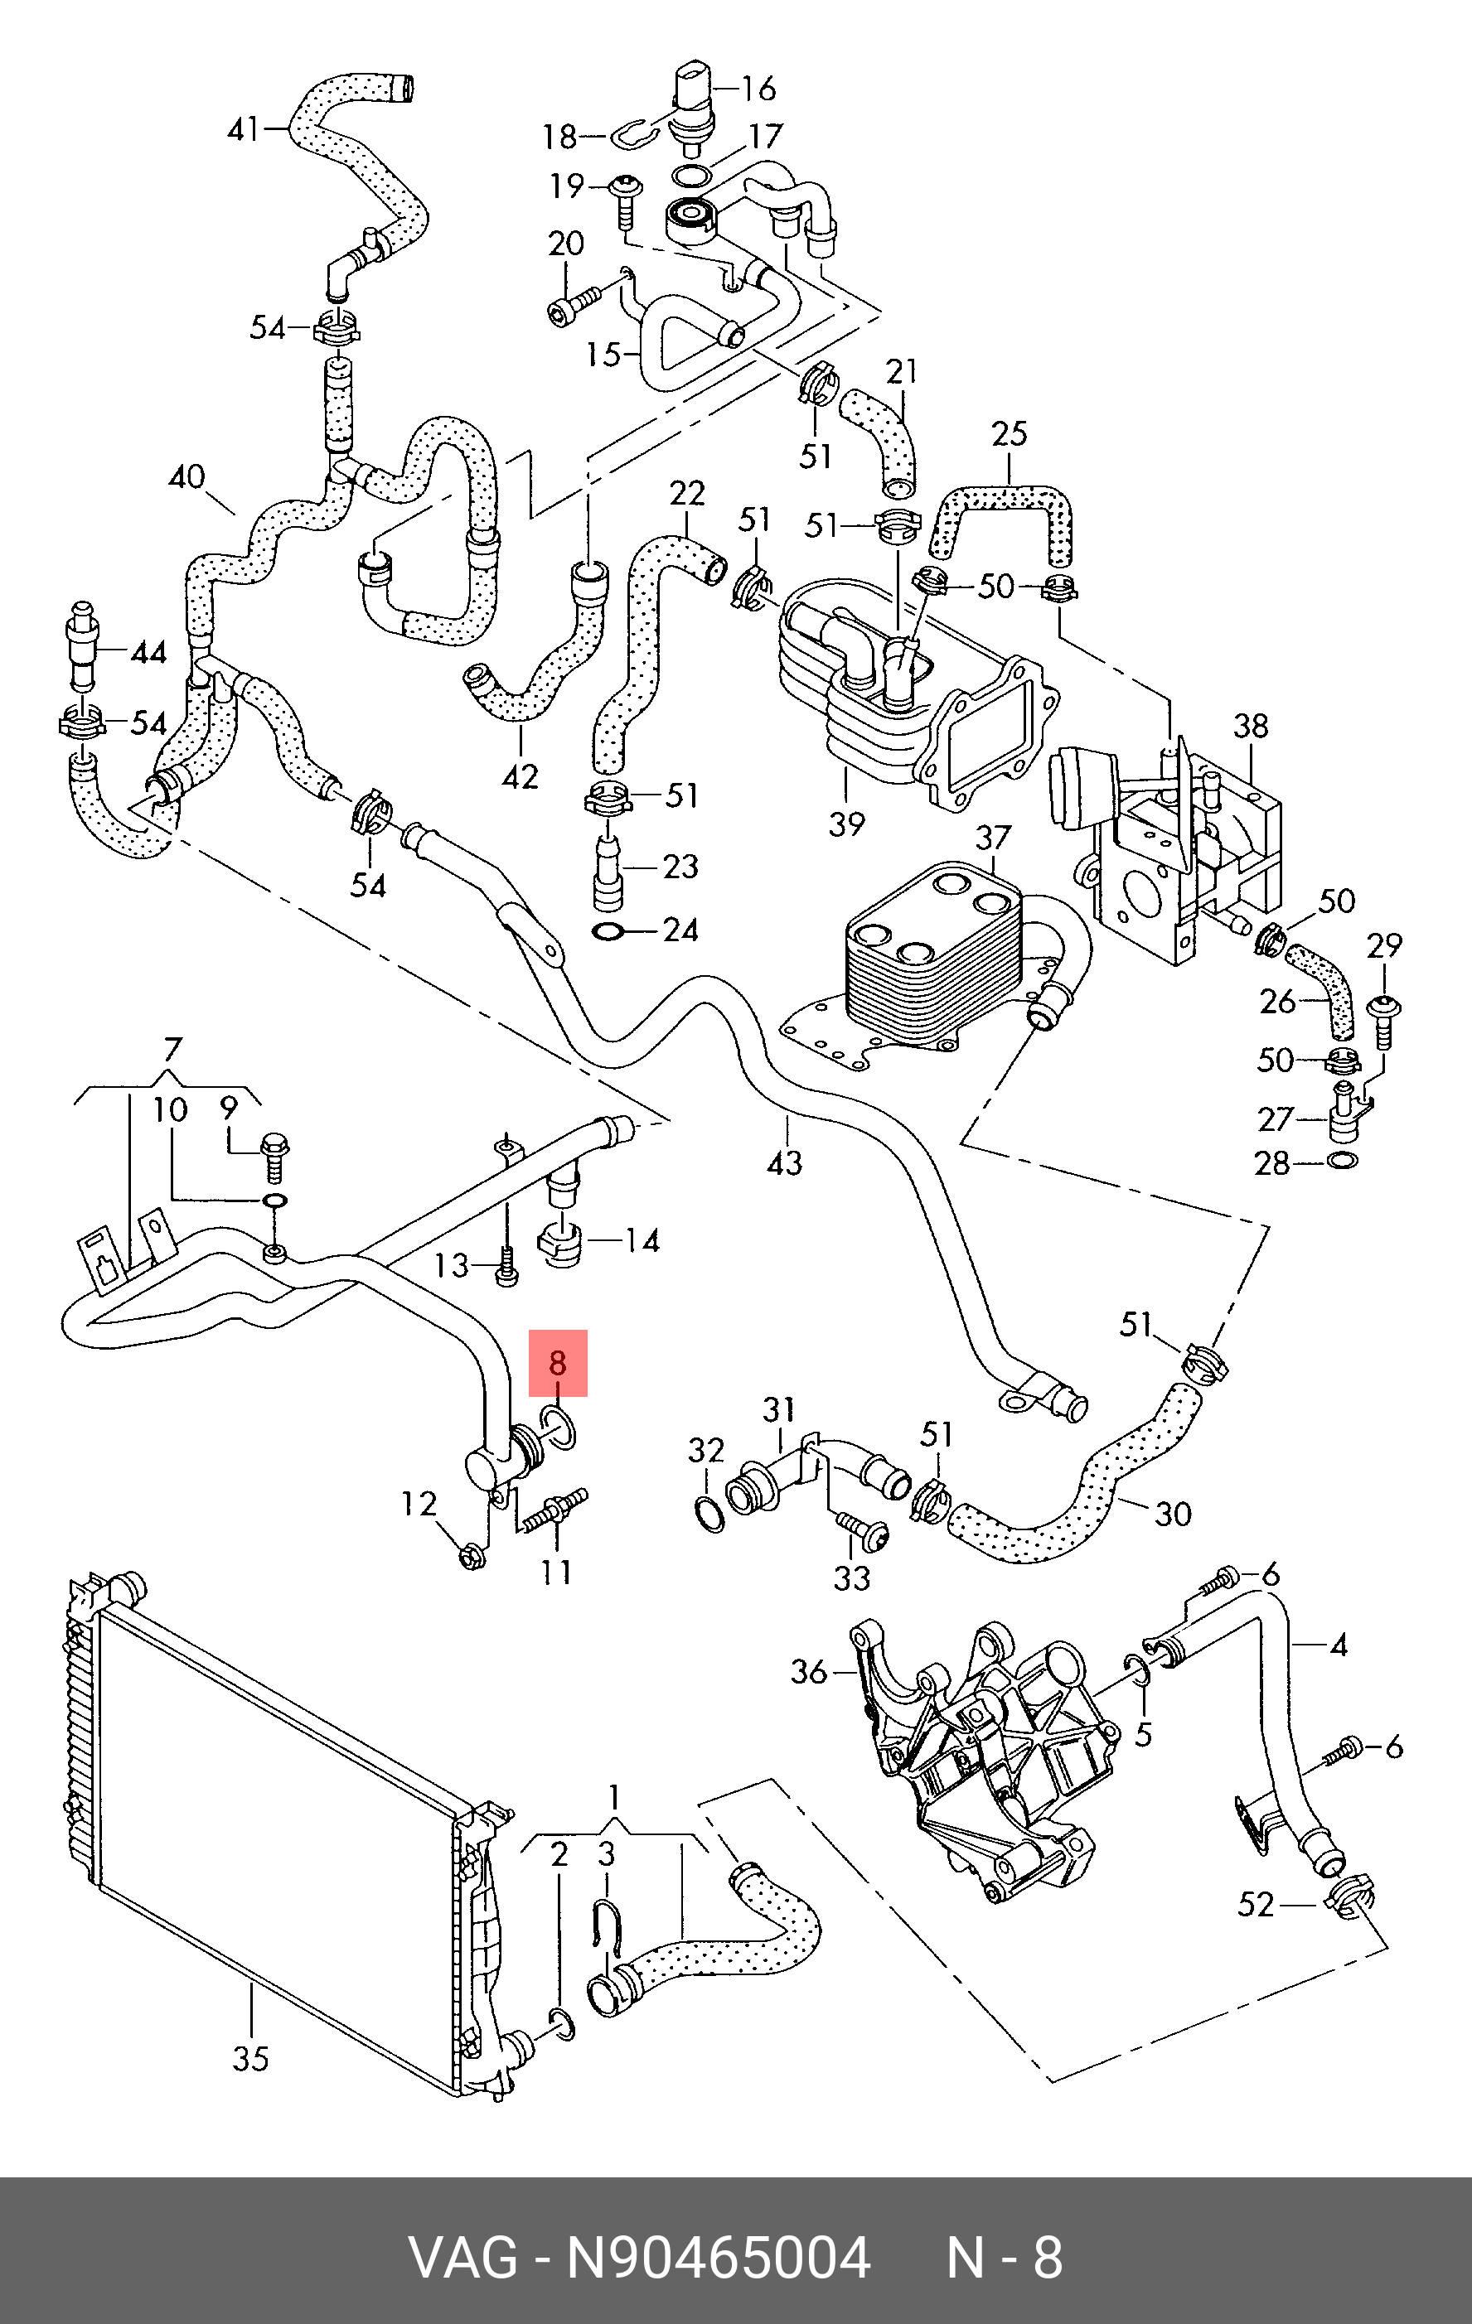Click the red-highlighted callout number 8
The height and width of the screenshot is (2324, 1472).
(x=557, y=1363)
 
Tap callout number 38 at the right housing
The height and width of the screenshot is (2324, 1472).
(x=1251, y=726)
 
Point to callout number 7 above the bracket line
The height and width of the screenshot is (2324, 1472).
(x=172, y=1049)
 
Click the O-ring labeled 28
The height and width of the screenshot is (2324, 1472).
(x=1343, y=1159)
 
